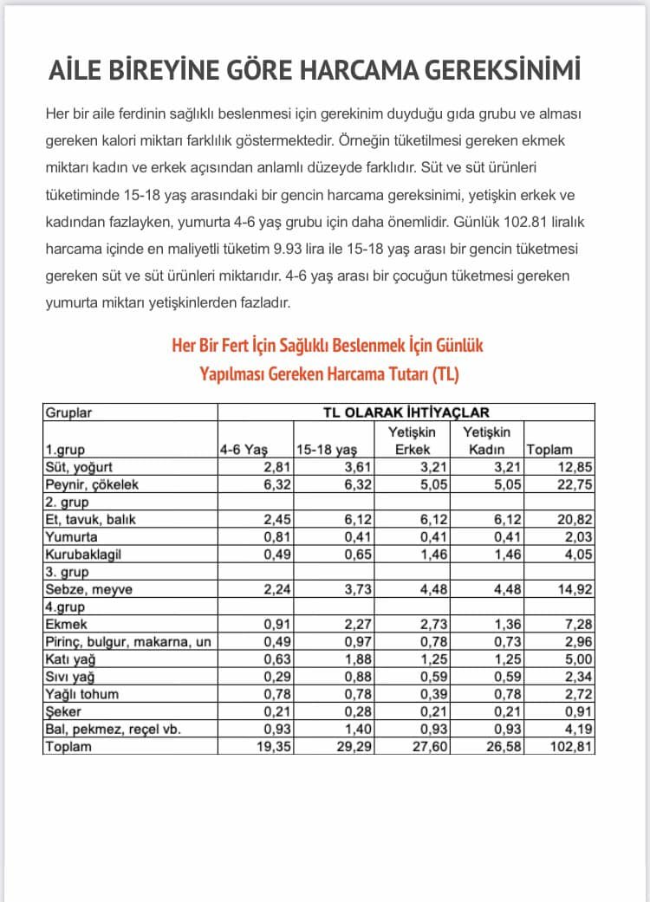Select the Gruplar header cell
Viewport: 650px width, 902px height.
click(x=68, y=412)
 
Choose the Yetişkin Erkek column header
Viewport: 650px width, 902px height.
click(x=413, y=440)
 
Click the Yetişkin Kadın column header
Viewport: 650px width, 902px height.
click(x=487, y=440)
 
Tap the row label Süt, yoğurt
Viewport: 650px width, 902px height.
click(x=80, y=467)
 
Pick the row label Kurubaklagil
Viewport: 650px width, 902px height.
click(x=83, y=554)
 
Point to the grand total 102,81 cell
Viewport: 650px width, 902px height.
click(x=572, y=746)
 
